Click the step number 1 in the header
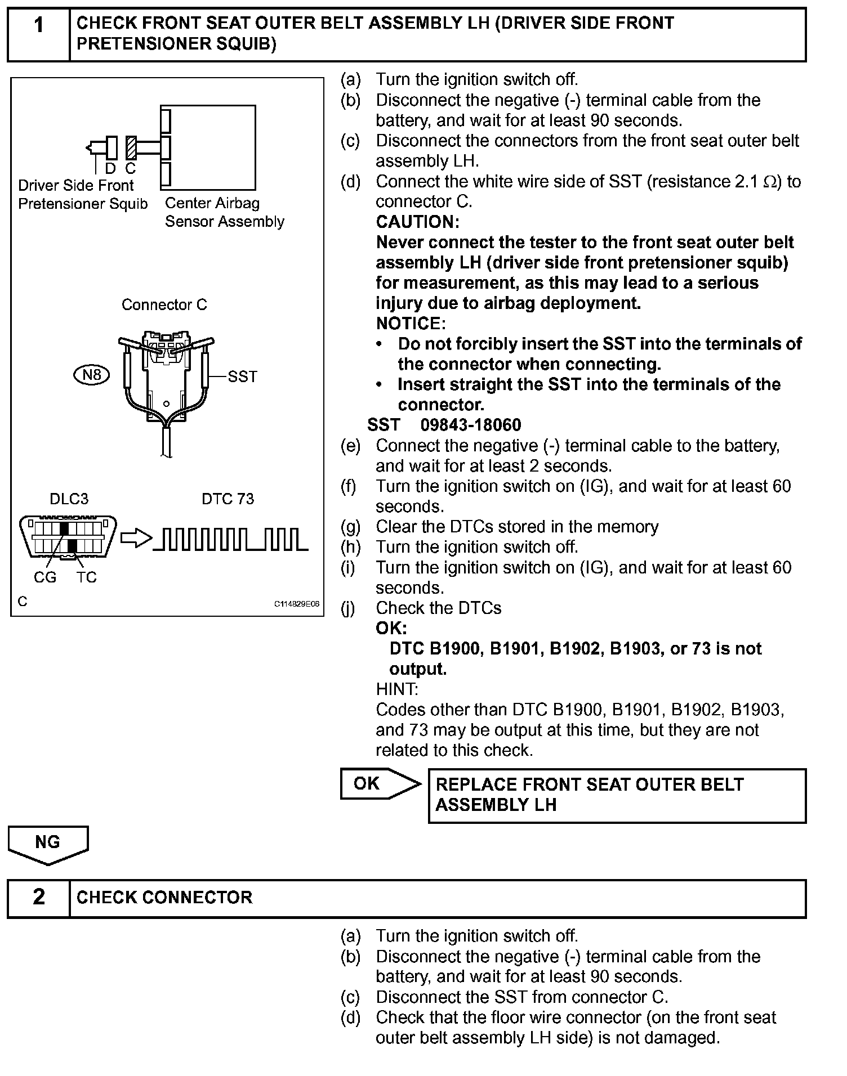coord(38,25)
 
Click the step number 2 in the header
coord(38,896)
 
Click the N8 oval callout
coord(91,375)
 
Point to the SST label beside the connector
coord(242,376)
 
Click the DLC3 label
coord(69,499)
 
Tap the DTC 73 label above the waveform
coord(228,499)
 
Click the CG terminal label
coord(45,577)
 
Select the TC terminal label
coord(87,577)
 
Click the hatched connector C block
coord(131,148)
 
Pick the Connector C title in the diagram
coord(164,305)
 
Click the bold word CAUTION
coord(417,222)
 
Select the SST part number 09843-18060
coord(471,425)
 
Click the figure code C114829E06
coord(297,604)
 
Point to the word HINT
coord(396,689)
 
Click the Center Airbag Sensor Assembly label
coord(224,212)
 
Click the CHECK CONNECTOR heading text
coord(164,897)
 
